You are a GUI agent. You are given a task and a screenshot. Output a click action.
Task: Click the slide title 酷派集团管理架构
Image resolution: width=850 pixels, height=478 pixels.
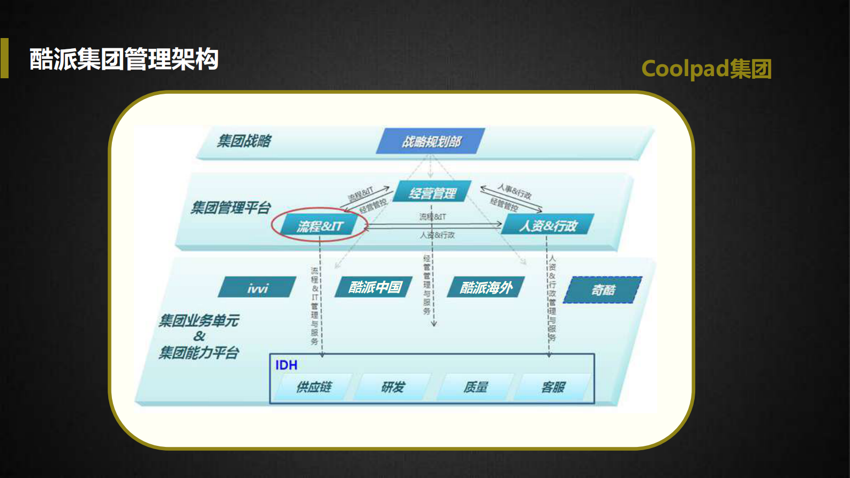click(x=124, y=59)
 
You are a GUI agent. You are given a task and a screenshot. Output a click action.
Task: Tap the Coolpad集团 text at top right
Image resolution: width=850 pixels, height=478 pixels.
click(x=706, y=69)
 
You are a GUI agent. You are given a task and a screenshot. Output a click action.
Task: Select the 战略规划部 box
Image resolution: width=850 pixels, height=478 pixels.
click(x=431, y=141)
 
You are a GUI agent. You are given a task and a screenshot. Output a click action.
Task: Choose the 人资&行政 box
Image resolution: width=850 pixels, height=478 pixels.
click(x=547, y=226)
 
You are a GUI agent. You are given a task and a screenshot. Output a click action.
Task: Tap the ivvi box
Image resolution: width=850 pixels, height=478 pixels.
click(x=257, y=288)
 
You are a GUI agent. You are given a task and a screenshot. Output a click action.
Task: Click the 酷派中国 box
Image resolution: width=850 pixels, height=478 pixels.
click(x=374, y=287)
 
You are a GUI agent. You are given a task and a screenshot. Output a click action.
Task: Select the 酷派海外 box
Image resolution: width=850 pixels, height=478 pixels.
click(x=486, y=288)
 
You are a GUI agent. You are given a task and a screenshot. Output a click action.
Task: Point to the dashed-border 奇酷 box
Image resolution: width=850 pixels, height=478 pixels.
click(x=603, y=290)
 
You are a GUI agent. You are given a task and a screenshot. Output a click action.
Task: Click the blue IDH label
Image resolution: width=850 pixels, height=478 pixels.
click(x=286, y=365)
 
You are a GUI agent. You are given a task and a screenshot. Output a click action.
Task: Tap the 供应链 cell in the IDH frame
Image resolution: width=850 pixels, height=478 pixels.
click(x=314, y=387)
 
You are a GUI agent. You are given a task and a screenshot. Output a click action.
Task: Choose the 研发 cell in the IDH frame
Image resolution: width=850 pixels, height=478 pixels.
click(x=393, y=387)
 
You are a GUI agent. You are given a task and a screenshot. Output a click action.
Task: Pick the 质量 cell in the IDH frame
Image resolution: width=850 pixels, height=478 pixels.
click(x=475, y=387)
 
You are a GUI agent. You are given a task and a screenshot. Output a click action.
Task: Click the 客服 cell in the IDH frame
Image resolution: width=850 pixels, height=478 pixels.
click(x=553, y=387)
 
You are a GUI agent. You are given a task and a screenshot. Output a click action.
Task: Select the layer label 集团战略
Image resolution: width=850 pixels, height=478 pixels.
click(x=244, y=141)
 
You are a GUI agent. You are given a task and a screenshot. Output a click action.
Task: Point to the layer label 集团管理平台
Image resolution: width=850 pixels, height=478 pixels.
click(x=230, y=207)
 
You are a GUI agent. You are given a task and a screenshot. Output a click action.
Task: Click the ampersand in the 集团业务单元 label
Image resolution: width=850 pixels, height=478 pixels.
click(x=199, y=337)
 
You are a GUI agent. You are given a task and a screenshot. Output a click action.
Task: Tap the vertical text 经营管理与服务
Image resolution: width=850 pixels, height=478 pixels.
click(x=427, y=285)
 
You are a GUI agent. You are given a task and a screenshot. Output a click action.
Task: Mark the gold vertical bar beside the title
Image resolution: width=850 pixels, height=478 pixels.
click(x=4, y=58)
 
